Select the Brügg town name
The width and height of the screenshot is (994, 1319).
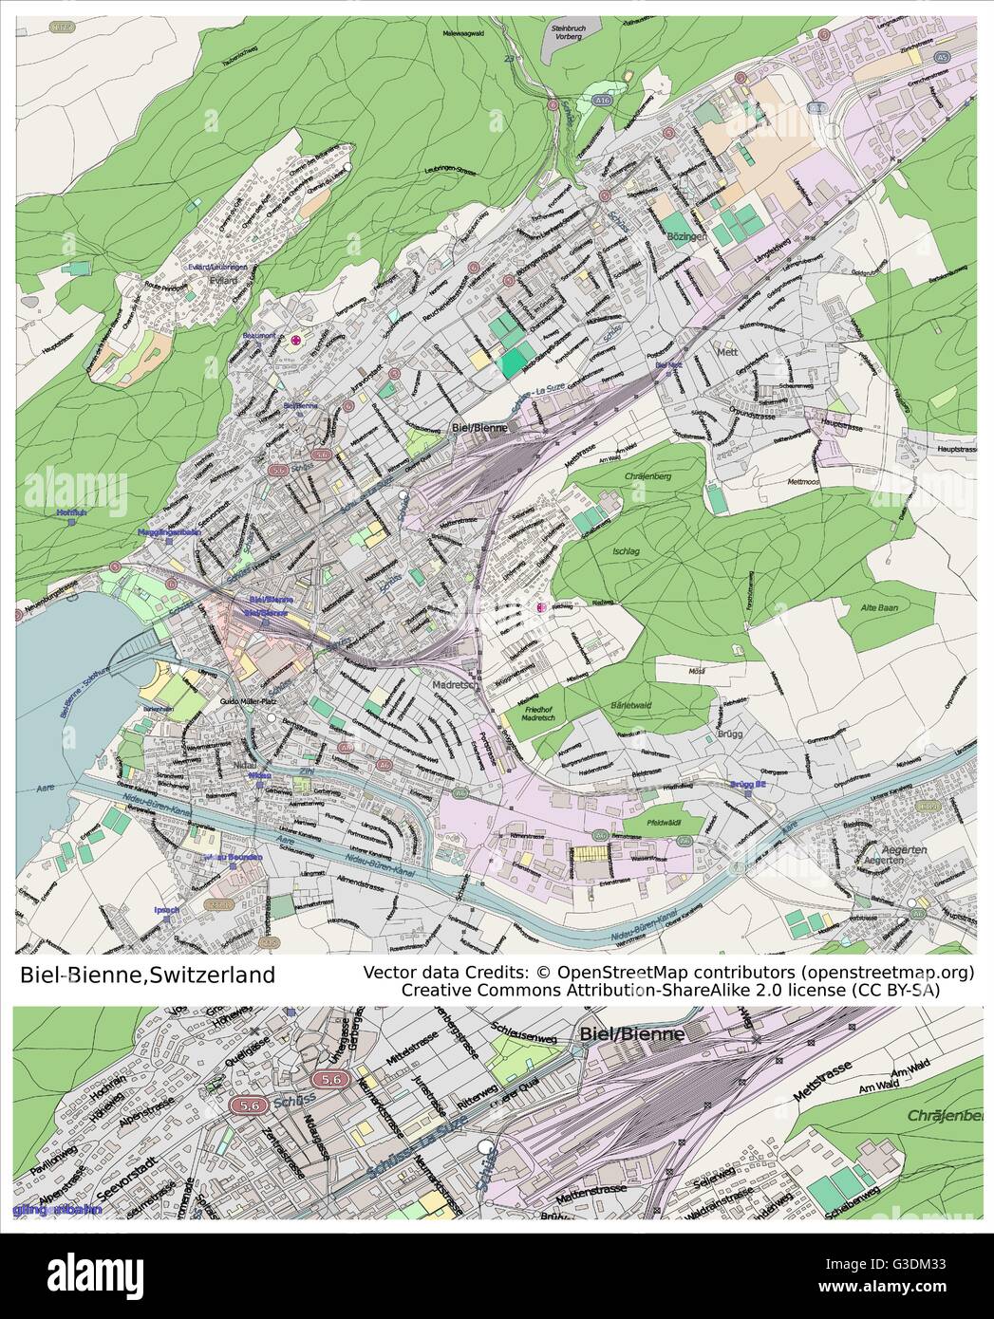point(733,734)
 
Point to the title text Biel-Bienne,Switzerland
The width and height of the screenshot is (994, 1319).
point(148,975)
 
